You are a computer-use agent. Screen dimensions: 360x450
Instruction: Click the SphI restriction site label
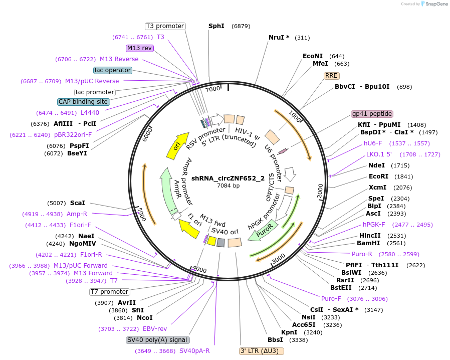click(x=216, y=26)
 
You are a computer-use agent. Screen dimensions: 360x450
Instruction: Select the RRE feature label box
click(x=331, y=76)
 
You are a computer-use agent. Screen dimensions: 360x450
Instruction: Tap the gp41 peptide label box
click(x=372, y=114)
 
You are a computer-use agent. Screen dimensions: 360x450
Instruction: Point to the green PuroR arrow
click(x=263, y=232)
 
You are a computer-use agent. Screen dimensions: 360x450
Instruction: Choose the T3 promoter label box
click(x=165, y=26)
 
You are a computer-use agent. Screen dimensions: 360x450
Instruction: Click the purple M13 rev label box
click(x=140, y=48)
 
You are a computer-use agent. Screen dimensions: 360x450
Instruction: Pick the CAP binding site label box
click(x=83, y=102)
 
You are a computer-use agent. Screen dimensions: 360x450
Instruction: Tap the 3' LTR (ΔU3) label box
click(x=262, y=351)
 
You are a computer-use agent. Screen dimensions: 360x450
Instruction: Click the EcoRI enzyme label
click(x=378, y=176)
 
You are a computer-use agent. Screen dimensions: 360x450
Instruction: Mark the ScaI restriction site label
click(x=78, y=203)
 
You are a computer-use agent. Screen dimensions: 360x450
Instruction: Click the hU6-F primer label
click(x=373, y=143)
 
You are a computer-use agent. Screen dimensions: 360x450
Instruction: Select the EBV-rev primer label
click(x=155, y=329)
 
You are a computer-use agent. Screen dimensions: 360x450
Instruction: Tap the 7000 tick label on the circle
click(x=213, y=89)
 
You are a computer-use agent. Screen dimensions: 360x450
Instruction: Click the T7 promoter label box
click(x=109, y=292)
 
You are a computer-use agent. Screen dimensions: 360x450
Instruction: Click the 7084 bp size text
click(x=228, y=186)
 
